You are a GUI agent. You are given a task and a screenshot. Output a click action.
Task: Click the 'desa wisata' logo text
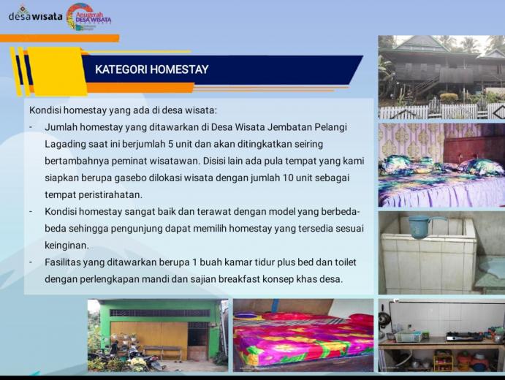pos(35,16)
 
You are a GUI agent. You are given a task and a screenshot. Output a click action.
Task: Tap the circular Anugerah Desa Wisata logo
pos(80,17)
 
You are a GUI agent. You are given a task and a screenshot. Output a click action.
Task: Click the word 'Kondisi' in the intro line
pos(45,110)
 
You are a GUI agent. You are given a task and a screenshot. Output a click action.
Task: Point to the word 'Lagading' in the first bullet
pos(65,144)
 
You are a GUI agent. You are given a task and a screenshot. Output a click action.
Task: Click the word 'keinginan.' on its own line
pos(67,246)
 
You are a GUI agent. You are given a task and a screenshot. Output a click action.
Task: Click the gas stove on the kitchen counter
pos(464,337)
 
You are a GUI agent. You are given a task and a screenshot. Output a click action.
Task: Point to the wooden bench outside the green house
pos(163,352)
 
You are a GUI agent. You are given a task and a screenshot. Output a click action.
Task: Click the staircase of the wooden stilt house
pos(427,85)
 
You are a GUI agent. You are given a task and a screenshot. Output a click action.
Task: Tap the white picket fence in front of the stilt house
pos(441,111)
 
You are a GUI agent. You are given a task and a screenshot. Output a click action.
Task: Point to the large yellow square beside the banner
pos(57,72)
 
